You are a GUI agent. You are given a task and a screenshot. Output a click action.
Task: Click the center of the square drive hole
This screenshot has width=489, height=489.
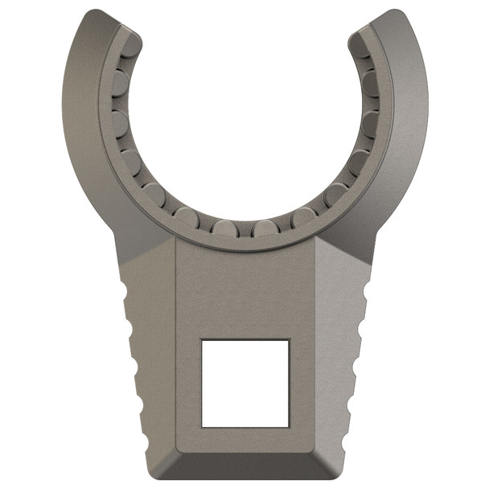(x=244, y=383)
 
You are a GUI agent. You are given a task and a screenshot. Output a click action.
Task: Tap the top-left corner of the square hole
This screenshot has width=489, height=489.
(x=201, y=339)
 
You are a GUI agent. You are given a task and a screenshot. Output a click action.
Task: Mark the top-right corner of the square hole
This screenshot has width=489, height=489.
(x=289, y=339)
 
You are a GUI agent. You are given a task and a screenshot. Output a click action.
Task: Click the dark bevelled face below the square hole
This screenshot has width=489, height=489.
(x=244, y=454)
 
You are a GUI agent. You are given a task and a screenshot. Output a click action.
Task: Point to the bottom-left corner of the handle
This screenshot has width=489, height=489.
(x=148, y=475)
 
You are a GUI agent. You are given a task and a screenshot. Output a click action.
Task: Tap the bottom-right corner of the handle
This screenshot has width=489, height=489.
(x=342, y=475)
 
